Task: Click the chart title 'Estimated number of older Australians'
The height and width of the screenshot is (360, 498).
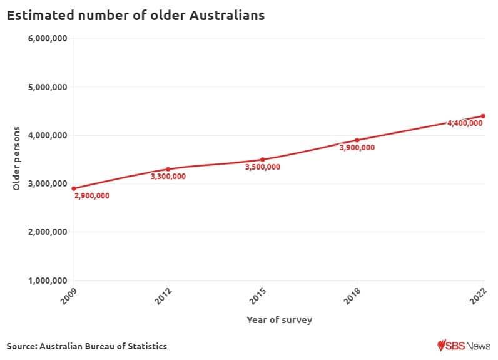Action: (x=136, y=16)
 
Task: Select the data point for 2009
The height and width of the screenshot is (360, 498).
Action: (x=74, y=188)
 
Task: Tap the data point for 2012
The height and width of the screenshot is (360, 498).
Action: (x=168, y=169)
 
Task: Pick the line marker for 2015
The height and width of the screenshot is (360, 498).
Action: (x=262, y=160)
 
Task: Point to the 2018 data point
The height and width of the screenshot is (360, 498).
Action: (x=357, y=140)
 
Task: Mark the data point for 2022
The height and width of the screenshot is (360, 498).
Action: (x=483, y=116)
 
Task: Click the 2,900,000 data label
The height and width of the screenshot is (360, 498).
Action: (x=92, y=196)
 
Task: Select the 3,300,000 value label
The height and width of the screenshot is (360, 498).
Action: (x=168, y=177)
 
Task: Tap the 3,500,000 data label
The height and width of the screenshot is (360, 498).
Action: (x=262, y=167)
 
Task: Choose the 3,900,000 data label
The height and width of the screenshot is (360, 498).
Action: (x=357, y=148)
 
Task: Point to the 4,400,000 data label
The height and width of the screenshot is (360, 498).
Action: (x=464, y=123)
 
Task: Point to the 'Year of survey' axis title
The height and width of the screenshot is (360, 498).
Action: (x=279, y=320)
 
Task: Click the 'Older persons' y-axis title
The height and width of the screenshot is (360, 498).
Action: (x=17, y=159)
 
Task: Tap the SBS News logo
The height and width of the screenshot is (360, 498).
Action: (x=464, y=346)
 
